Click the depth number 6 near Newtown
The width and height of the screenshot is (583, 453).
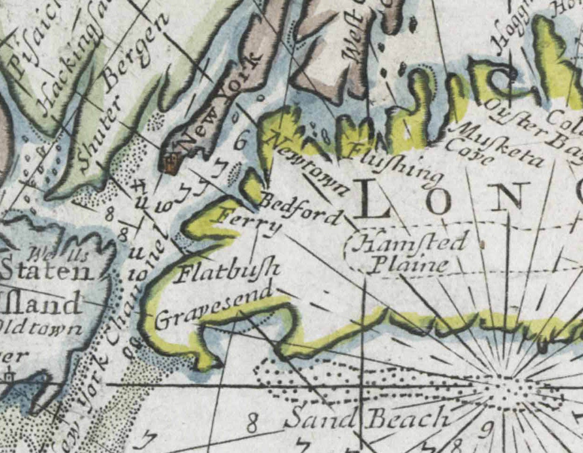tap(240, 141)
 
